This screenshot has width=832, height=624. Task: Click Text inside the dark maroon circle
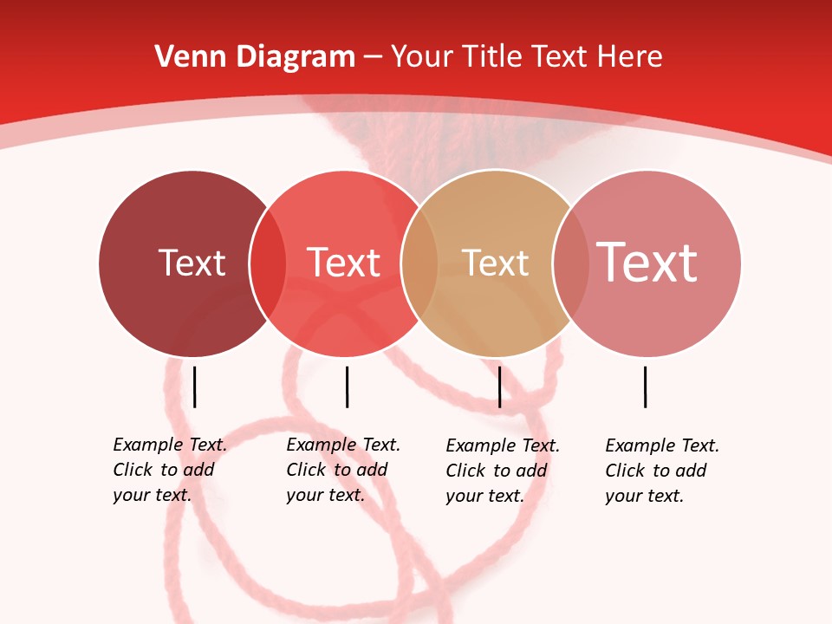192,263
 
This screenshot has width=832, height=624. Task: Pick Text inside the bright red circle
344,263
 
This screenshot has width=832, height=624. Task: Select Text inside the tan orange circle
495,263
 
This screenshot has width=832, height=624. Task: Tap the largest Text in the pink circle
647,263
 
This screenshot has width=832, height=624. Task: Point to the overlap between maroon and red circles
268,263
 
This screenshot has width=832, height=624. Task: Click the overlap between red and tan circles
419,263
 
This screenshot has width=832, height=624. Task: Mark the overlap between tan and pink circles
570,263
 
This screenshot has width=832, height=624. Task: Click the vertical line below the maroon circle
195,387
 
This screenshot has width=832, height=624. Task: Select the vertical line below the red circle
347,387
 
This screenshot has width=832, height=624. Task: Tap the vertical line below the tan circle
499,387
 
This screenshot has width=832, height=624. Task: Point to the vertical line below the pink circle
646,387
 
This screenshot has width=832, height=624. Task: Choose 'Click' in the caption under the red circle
306,470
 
